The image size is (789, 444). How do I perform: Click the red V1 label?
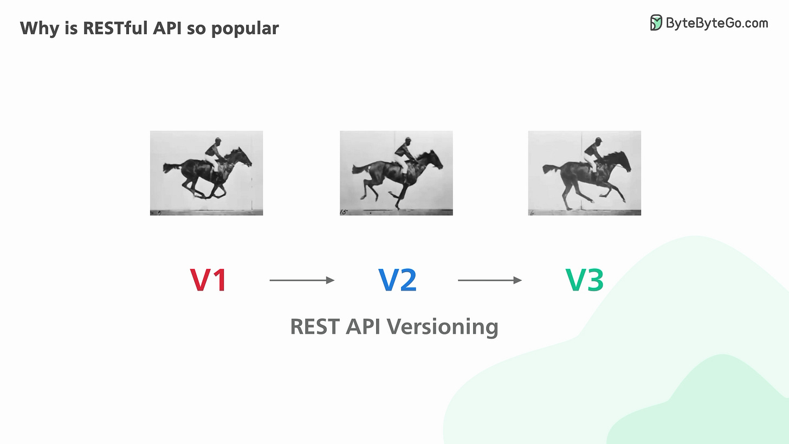pos(208,280)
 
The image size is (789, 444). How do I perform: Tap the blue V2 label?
pos(397,280)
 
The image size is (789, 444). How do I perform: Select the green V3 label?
pos(584,280)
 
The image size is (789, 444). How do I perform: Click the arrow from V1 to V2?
pos(302,280)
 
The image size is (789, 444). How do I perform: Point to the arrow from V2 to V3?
pos(490,280)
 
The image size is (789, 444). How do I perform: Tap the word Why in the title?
pos(37,28)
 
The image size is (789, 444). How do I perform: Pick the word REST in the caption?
pos(314,327)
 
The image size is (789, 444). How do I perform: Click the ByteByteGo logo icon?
pos(656,23)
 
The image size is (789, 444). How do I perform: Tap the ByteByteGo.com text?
pos(716,23)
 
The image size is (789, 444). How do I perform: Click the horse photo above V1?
pos(206,173)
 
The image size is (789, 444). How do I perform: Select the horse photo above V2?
pos(396,173)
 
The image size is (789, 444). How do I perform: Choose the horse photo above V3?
pos(584,173)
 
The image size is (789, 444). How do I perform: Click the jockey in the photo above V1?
pos(214,152)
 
